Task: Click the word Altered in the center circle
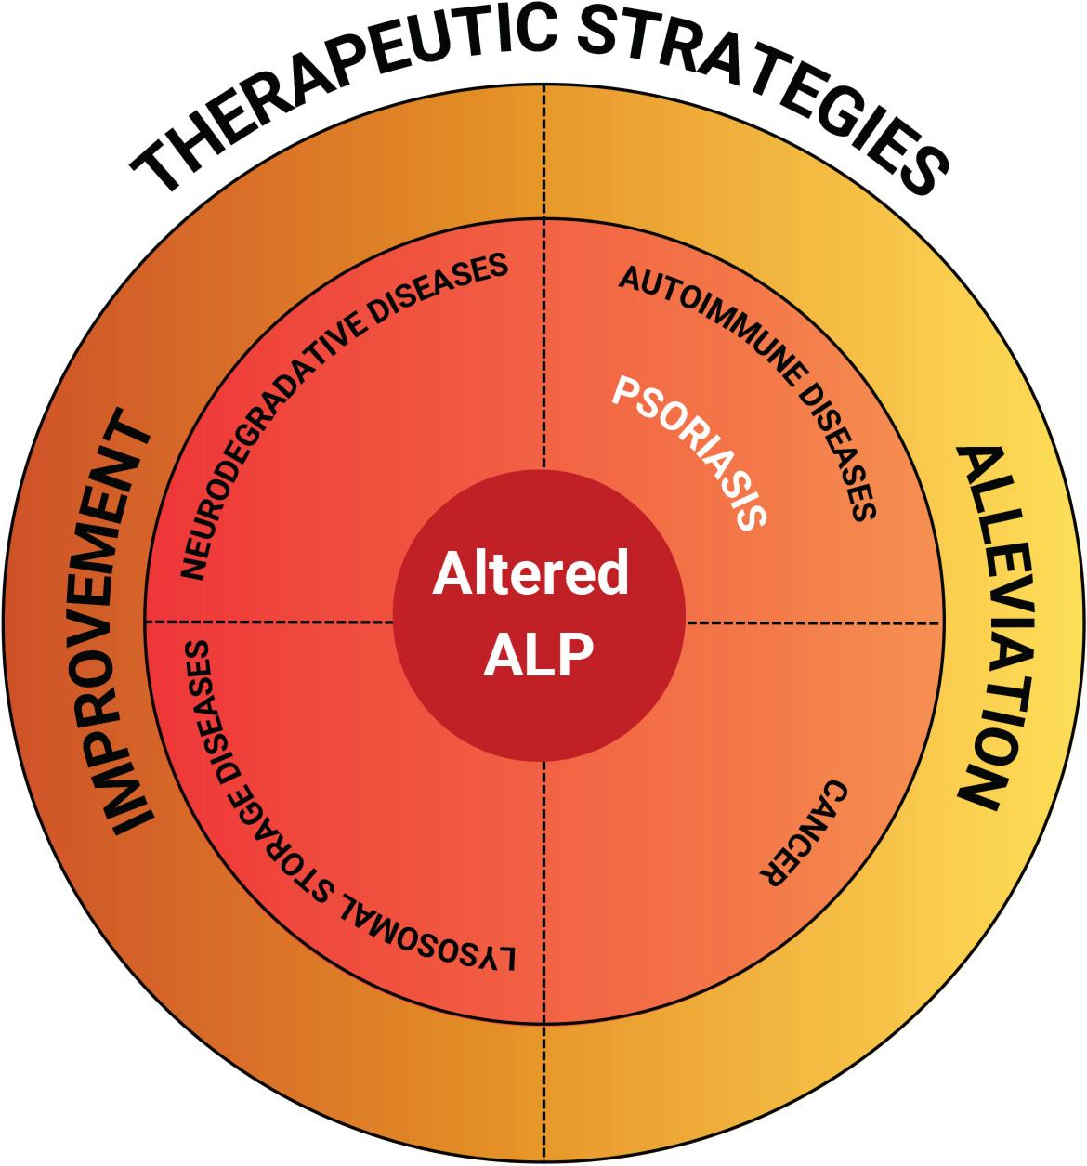pos(530,574)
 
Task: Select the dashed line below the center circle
pos(545,892)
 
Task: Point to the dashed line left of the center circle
pos(269,622)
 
